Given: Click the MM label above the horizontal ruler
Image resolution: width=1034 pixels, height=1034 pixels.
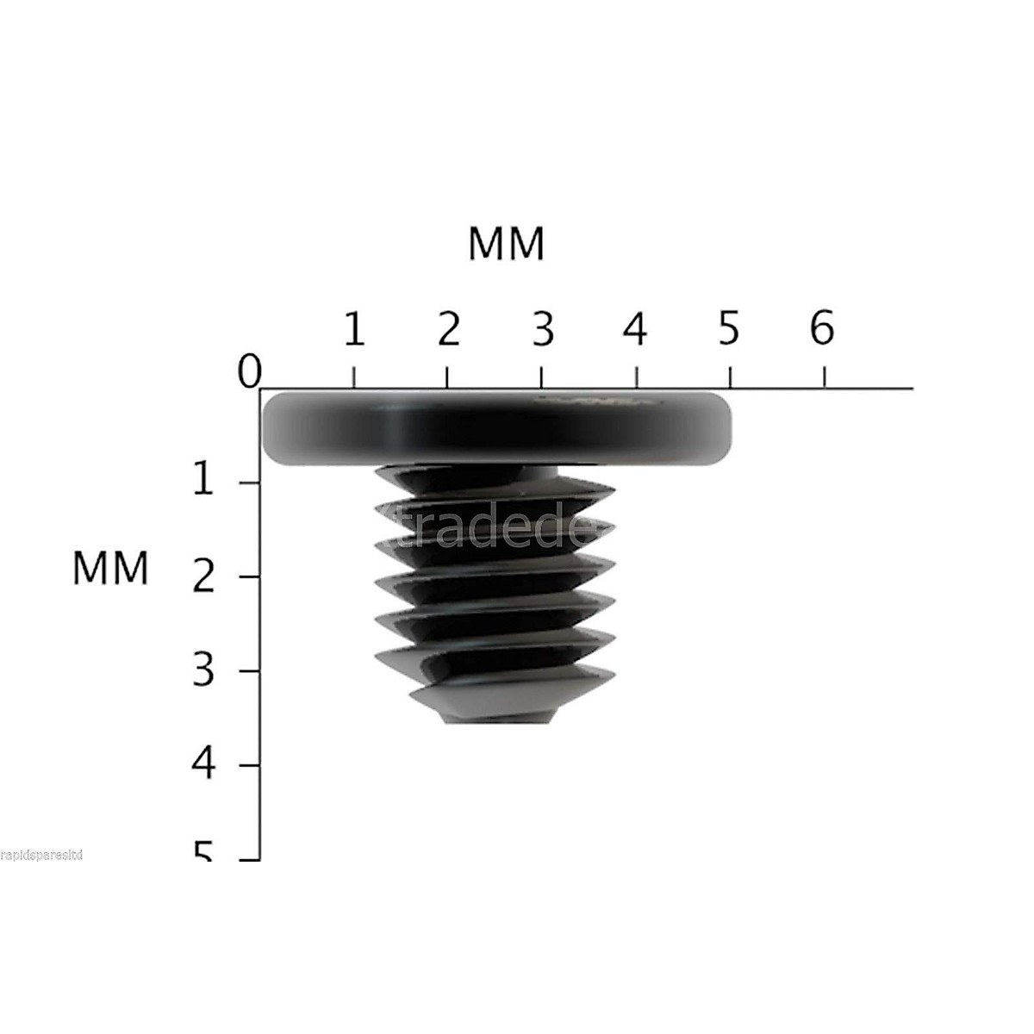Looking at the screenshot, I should coord(507,244).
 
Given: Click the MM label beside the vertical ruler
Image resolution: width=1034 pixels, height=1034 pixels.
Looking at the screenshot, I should coord(110,569).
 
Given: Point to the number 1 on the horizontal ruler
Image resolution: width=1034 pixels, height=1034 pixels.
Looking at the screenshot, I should coord(353,329).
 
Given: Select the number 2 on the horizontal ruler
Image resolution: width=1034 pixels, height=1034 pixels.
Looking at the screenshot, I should coord(448,329).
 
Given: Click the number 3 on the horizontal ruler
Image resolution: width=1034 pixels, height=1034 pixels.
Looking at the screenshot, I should coord(542,329).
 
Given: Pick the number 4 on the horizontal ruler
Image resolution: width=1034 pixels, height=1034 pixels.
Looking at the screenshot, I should coord(635,329).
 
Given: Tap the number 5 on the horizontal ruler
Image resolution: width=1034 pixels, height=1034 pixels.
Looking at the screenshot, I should coord(729,329).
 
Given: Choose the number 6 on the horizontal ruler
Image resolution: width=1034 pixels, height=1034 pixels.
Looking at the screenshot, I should coord(822,329).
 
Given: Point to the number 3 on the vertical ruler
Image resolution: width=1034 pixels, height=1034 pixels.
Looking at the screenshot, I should coord(202,670).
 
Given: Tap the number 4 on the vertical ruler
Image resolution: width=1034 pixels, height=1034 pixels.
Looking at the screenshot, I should coord(202,764).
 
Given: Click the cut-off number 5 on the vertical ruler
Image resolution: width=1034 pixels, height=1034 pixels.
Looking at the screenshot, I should coord(202,852).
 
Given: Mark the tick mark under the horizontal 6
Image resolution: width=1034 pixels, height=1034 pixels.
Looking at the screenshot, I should coord(825,377).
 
